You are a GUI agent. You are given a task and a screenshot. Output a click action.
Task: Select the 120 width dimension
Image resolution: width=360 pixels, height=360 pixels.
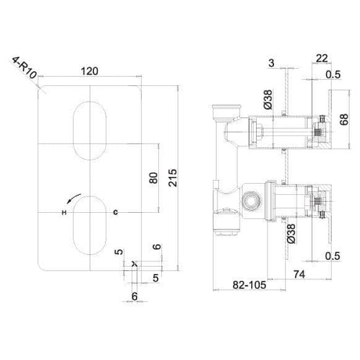coord(92,70)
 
